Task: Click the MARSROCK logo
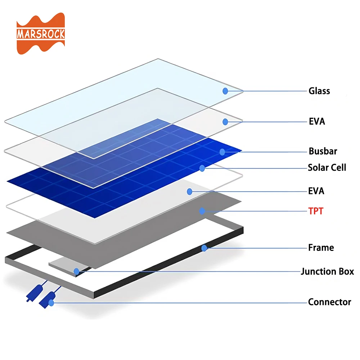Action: [x=40, y=34]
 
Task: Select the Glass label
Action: [x=319, y=91]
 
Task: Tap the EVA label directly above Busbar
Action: [x=317, y=121]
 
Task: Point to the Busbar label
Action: [x=323, y=151]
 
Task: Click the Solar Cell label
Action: [x=327, y=167]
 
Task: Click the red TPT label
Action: [x=316, y=211]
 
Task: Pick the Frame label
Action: [x=321, y=248]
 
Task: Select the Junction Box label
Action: [x=327, y=271]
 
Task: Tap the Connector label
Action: [x=329, y=302]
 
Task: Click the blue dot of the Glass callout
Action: [x=225, y=91]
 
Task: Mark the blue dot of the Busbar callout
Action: [x=222, y=152]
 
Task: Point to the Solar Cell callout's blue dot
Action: [x=202, y=168]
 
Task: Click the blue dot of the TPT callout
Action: [x=202, y=211]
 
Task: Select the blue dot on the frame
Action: [x=204, y=248]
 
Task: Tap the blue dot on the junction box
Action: [x=76, y=271]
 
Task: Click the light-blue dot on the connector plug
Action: [x=51, y=303]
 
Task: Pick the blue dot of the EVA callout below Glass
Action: [x=225, y=122]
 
